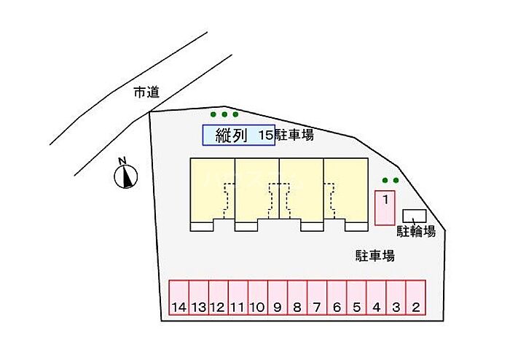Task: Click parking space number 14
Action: (x=179, y=297)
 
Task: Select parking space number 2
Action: (x=415, y=297)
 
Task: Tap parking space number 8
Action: (x=297, y=297)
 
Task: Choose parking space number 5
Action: (x=356, y=297)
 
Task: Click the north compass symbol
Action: (x=127, y=175)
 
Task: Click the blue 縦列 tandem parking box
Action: (x=238, y=135)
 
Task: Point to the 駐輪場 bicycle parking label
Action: (x=416, y=232)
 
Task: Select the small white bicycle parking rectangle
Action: (x=415, y=216)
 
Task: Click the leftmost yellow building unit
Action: (x=212, y=190)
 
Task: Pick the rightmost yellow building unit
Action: (x=346, y=190)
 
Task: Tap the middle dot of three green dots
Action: (x=224, y=114)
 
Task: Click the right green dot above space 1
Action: (x=396, y=181)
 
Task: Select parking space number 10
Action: (x=257, y=297)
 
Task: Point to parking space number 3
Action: (x=396, y=297)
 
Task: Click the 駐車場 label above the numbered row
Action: (x=375, y=255)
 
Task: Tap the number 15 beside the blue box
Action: (x=265, y=135)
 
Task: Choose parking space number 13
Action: (x=198, y=297)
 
